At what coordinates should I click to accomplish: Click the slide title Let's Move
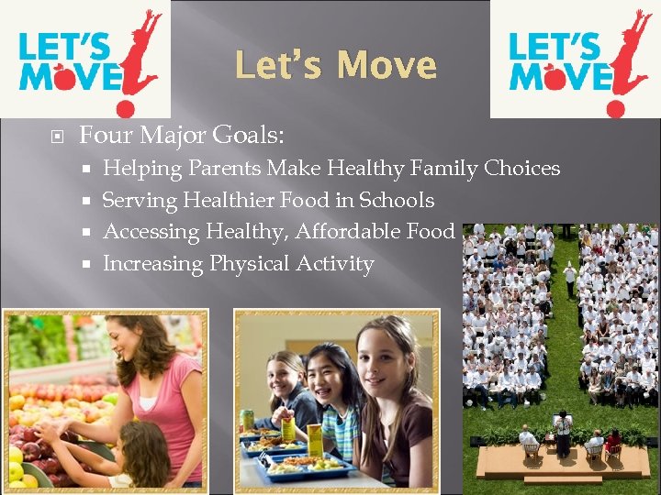[335, 66]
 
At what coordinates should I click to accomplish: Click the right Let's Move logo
[575, 59]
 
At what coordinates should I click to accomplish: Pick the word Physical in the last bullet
[250, 264]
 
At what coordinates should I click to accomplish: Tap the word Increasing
[152, 264]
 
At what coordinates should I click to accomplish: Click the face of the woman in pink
[127, 343]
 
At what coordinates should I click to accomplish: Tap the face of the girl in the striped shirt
[324, 379]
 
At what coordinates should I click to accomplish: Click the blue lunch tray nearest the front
[303, 467]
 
